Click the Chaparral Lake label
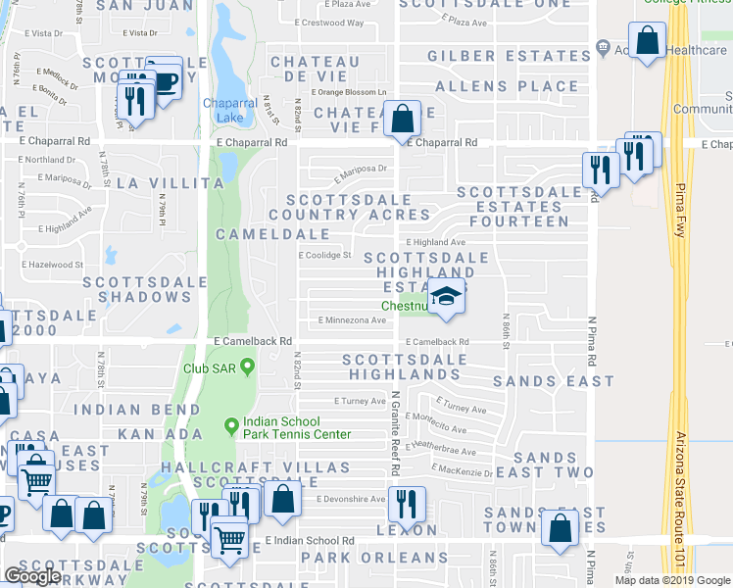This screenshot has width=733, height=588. [x=229, y=111]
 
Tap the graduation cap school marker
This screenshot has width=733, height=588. [x=446, y=297]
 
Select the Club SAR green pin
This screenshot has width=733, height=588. [x=247, y=367]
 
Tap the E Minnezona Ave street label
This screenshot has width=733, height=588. [x=352, y=320]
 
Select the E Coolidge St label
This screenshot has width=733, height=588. [x=324, y=256]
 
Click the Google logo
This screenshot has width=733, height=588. [x=32, y=576]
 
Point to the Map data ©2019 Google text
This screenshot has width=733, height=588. [x=671, y=580]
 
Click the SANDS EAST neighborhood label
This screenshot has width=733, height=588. [x=540, y=381]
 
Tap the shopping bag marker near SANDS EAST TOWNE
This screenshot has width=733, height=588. [x=561, y=527]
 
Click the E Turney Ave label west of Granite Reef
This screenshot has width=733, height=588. [x=359, y=401]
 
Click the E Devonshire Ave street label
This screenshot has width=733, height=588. [x=351, y=499]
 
